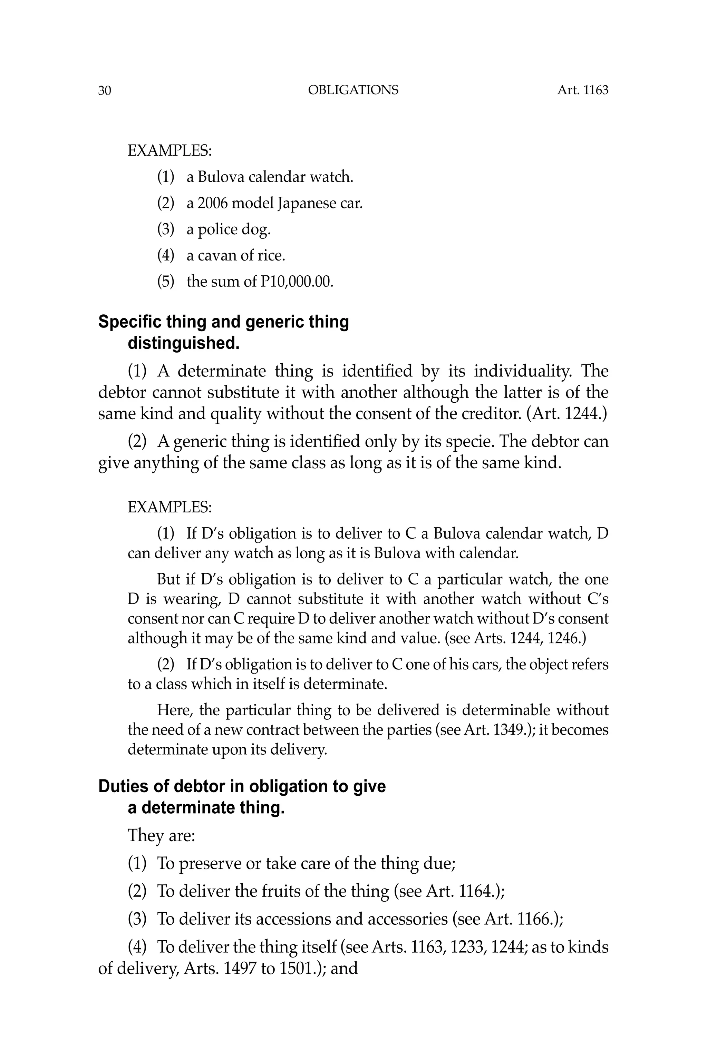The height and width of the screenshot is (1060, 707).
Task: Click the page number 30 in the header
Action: (104, 91)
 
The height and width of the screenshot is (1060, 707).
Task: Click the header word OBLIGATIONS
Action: (353, 90)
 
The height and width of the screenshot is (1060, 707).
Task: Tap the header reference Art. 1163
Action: (583, 90)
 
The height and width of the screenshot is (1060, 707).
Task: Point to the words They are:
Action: (161, 835)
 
